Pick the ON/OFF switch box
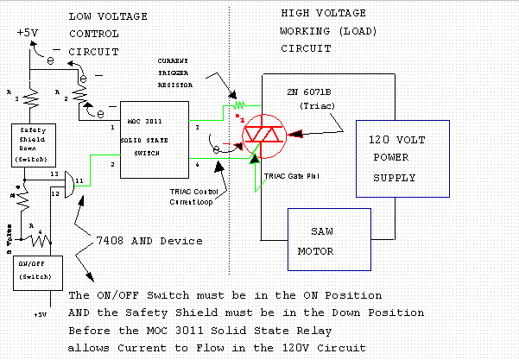[35, 271]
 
